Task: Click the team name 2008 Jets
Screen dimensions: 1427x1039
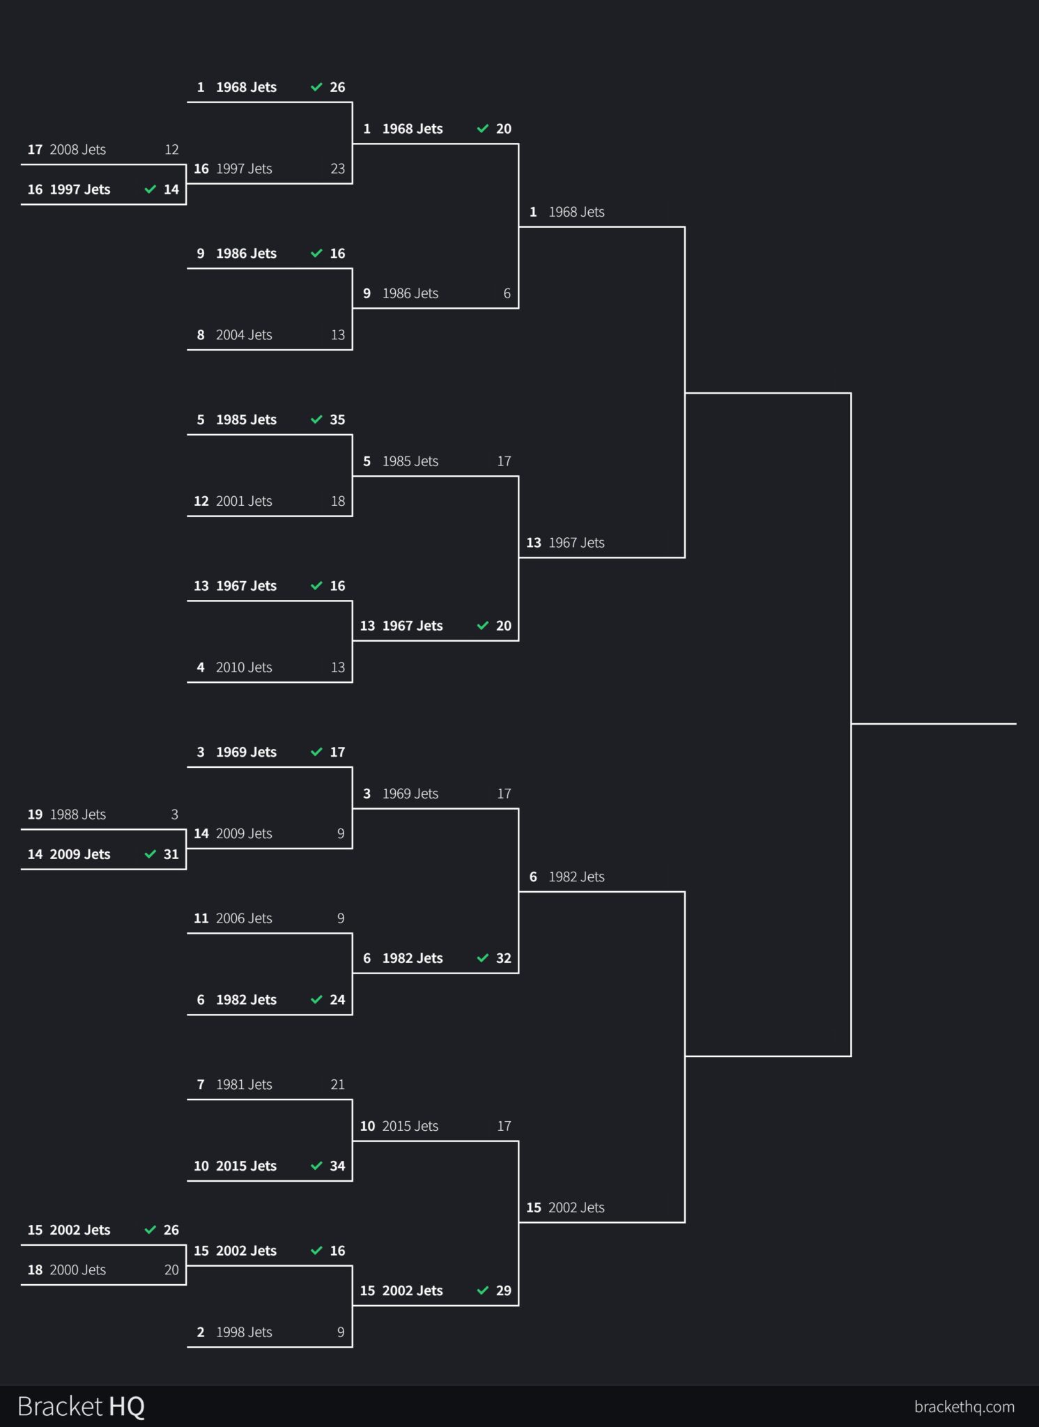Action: (77, 150)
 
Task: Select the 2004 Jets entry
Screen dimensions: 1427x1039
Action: (244, 335)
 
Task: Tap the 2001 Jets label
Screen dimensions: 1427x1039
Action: (244, 501)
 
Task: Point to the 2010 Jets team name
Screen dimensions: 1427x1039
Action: (244, 668)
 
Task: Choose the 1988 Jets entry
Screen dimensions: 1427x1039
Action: (77, 815)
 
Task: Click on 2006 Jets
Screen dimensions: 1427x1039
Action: (244, 918)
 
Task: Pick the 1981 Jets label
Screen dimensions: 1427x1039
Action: (244, 1085)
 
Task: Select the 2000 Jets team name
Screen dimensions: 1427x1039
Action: (77, 1270)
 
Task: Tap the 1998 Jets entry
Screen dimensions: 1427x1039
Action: (244, 1332)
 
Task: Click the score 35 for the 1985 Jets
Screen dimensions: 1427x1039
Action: (337, 420)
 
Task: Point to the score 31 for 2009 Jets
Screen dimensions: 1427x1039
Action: (171, 854)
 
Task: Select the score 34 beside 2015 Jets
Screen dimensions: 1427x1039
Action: (337, 1166)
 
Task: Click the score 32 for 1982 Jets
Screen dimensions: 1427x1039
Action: (503, 959)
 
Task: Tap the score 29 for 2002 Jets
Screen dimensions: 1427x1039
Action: (503, 1291)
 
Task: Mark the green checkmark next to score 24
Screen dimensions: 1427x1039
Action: (316, 1000)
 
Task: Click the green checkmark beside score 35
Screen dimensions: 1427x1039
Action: (316, 420)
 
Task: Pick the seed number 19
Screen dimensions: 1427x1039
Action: (35, 815)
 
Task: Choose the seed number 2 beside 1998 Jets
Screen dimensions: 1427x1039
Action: (201, 1332)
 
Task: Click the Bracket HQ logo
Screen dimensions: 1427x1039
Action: (81, 1406)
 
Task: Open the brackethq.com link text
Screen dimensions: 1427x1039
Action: (964, 1407)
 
